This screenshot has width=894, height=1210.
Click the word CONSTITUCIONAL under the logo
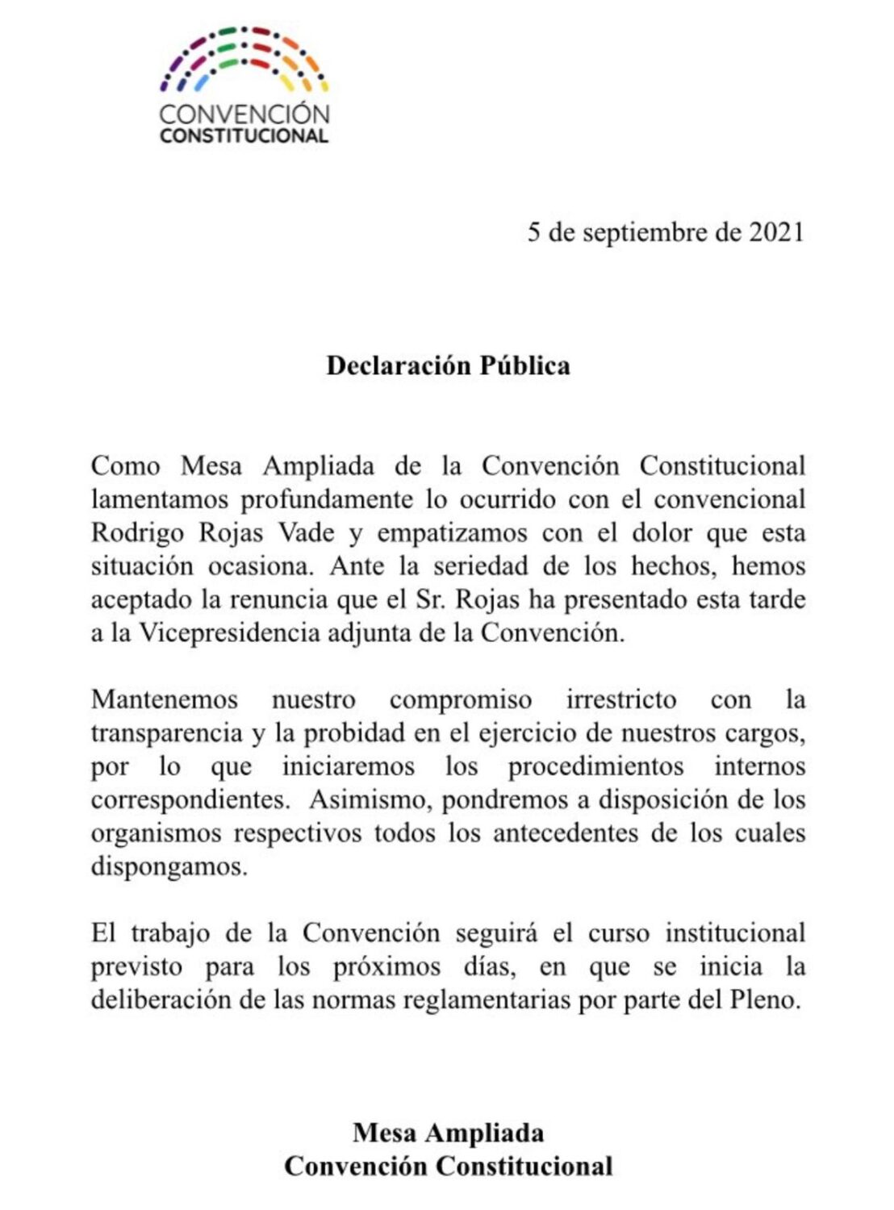(x=244, y=136)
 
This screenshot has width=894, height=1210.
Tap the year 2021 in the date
(x=776, y=232)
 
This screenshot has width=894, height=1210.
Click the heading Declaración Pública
(x=448, y=365)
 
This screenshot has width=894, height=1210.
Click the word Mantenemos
(x=165, y=699)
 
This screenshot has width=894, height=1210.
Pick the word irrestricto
(x=620, y=699)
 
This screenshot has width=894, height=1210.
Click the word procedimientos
(x=595, y=766)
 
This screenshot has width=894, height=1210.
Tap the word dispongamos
(x=168, y=867)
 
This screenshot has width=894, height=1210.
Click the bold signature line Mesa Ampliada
(x=448, y=1133)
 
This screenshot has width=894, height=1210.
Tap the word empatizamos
(x=452, y=533)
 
